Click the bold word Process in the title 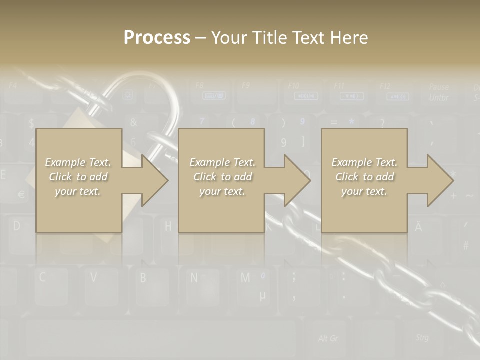[x=157, y=37]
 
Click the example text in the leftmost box [x=78, y=177]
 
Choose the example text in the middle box [x=222, y=177]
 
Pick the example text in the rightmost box [x=364, y=177]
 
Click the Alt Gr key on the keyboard [x=328, y=339]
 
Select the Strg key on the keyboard [x=422, y=338]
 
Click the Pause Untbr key [x=438, y=92]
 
